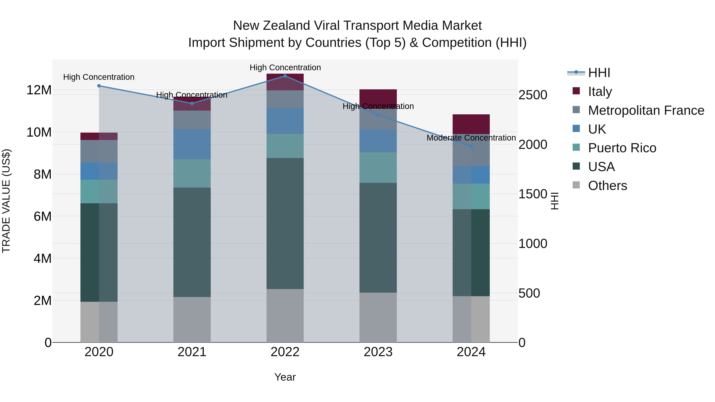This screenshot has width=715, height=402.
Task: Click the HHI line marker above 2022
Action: (285, 76)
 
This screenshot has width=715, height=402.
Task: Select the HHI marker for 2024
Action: (471, 146)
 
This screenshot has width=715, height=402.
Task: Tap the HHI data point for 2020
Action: (99, 86)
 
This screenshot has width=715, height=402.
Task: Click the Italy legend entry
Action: (600, 92)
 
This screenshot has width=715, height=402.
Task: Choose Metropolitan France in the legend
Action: (646, 110)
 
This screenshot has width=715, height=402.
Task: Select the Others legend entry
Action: (607, 186)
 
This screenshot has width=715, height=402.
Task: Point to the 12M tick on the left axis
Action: (39, 90)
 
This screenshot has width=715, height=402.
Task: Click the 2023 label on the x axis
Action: (378, 352)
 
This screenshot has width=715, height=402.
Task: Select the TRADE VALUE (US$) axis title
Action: (6, 201)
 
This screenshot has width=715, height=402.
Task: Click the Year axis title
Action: (285, 377)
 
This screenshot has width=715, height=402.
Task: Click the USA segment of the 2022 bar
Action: (285, 223)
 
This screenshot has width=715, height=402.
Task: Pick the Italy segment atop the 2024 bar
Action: (471, 124)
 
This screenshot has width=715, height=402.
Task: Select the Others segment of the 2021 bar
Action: (192, 320)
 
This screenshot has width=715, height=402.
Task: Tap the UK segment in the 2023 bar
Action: (378, 141)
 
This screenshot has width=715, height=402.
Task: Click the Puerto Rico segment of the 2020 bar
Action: (99, 191)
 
